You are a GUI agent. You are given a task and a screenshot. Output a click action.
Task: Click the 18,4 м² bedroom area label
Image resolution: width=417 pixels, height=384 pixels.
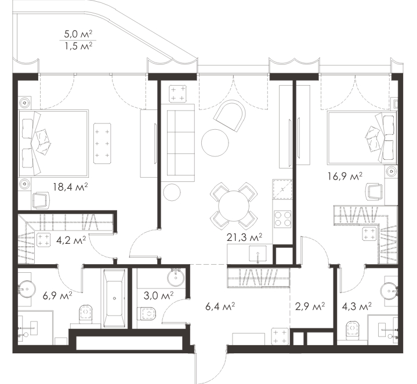[x=70, y=187]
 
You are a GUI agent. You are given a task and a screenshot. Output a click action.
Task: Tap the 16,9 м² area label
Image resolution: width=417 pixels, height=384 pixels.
[x=345, y=176]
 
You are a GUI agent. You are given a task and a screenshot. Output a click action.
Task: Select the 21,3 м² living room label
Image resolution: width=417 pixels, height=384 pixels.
[x=244, y=237]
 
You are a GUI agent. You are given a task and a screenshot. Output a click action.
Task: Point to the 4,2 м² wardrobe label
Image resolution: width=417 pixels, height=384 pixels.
[x=71, y=240]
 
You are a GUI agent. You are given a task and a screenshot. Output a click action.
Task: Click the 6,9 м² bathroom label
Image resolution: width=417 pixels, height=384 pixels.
[x=57, y=295]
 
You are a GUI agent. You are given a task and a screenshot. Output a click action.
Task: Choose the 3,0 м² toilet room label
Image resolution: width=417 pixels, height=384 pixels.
[x=159, y=295]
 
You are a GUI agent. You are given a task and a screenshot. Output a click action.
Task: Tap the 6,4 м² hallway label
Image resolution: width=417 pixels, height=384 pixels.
[x=220, y=307]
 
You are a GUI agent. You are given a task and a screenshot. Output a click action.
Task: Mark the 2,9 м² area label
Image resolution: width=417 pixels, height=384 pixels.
[x=310, y=307]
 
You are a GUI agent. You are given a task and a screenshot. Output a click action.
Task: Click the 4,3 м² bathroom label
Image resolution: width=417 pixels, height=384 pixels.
[x=357, y=307]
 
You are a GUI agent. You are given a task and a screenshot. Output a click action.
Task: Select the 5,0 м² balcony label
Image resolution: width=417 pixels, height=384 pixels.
[x=78, y=34]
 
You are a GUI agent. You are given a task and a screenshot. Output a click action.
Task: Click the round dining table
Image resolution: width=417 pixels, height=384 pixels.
[x=234, y=206]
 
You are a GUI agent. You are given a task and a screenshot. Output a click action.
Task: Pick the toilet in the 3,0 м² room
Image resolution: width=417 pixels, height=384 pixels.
[x=147, y=313]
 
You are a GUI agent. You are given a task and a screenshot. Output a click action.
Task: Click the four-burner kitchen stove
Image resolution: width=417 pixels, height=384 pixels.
[x=282, y=218]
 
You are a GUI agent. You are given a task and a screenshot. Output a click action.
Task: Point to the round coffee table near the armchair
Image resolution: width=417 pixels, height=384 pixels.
[x=215, y=142]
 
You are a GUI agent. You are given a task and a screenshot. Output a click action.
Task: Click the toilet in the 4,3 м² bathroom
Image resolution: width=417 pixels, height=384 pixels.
[x=353, y=330]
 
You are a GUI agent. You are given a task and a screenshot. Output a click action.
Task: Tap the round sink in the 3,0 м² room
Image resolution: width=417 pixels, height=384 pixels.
[x=176, y=277]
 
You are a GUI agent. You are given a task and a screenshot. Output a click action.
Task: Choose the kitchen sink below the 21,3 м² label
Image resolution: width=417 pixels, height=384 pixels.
[x=258, y=254]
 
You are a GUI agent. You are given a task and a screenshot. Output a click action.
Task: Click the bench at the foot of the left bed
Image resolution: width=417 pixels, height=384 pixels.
[x=102, y=143]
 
